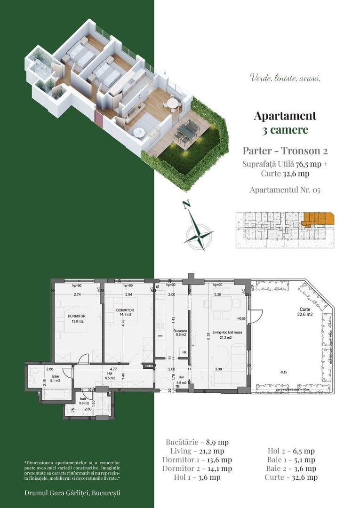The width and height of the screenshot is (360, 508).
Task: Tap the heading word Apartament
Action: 285,116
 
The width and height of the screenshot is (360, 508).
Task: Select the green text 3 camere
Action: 285,130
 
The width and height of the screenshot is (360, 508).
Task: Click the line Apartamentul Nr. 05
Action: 285,190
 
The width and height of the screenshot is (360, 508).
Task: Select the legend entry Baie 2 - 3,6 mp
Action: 291,468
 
